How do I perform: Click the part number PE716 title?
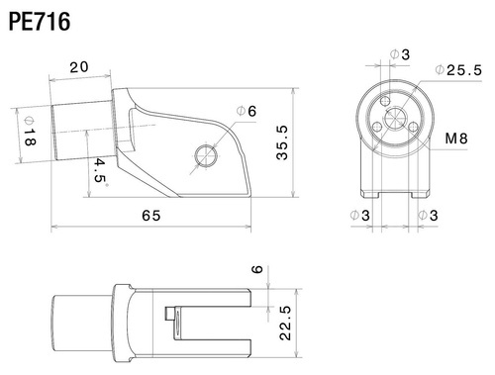39,21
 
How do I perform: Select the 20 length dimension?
79,68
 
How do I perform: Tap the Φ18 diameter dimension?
27,128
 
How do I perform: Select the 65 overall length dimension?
151,214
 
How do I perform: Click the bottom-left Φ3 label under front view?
358,214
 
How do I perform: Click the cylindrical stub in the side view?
82,128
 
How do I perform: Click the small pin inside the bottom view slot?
170,316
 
